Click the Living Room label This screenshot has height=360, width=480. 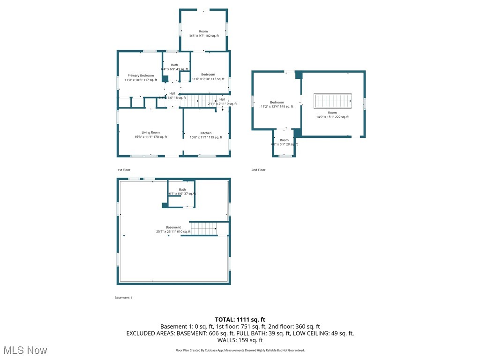[150, 135]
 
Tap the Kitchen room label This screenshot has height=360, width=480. [206, 135]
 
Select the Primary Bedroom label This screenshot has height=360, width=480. [141, 78]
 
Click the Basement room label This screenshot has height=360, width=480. [173, 229]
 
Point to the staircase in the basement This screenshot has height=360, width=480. [203, 229]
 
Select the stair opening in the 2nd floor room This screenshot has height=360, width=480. [332, 101]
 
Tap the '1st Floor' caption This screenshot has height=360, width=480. [124, 170]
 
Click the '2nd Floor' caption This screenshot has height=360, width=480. [258, 170]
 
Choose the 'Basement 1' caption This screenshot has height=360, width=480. [123, 298]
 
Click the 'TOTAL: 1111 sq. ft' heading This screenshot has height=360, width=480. [240, 319]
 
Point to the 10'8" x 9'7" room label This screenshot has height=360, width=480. [203, 34]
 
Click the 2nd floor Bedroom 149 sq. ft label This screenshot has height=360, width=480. [277, 105]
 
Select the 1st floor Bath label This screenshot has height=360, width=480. [174, 67]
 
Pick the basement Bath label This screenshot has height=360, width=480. [182, 191]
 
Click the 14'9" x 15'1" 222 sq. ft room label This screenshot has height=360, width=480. [332, 115]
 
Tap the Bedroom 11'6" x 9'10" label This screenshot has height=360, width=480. [208, 77]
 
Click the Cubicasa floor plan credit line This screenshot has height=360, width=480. [240, 350]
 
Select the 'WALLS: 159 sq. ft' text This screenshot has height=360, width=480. [240, 340]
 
